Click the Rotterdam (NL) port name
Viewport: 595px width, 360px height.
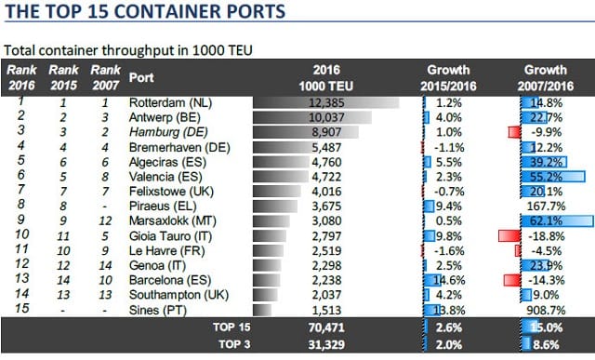[170, 102]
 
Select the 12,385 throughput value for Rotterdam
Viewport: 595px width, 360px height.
[326, 102]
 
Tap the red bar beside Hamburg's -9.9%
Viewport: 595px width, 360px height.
[514, 132]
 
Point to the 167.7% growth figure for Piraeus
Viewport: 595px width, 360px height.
[546, 207]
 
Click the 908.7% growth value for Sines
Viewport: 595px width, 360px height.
[546, 311]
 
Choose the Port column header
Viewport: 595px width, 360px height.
[141, 77]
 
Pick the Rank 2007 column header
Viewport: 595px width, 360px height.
[105, 77]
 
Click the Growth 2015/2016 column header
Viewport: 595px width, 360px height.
[448, 78]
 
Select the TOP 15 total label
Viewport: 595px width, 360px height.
[231, 327]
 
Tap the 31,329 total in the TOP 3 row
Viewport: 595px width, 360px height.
[326, 344]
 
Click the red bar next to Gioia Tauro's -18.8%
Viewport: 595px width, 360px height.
[509, 236]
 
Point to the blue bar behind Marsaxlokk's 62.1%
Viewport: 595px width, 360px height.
[557, 221]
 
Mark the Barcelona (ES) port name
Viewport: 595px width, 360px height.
[170, 280]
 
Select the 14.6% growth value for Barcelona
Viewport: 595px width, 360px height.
[450, 280]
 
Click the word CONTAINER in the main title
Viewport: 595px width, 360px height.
[167, 11]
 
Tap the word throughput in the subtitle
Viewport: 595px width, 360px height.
[145, 50]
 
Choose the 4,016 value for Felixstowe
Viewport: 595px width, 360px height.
[326, 192]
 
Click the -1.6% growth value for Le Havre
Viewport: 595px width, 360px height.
[449, 251]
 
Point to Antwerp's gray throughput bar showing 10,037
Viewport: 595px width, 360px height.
[312, 117]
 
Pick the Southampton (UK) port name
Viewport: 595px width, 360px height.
[178, 295]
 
